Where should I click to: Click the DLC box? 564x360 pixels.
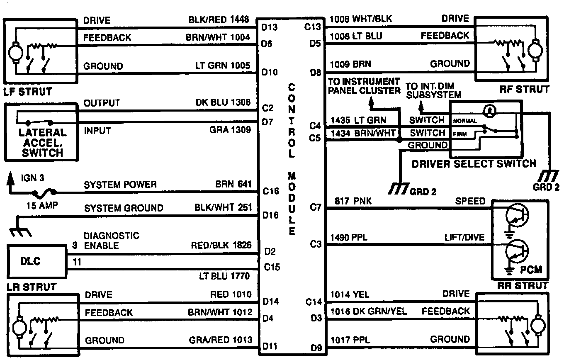click(37, 262)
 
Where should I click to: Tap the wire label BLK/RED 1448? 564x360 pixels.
click(219, 19)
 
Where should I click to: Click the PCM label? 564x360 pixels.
click(531, 270)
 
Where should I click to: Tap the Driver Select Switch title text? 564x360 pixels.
click(474, 163)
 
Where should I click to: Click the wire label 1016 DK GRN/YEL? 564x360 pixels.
click(368, 311)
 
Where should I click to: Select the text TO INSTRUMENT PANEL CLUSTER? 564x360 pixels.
click(365, 86)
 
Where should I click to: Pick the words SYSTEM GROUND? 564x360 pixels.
click(124, 208)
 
